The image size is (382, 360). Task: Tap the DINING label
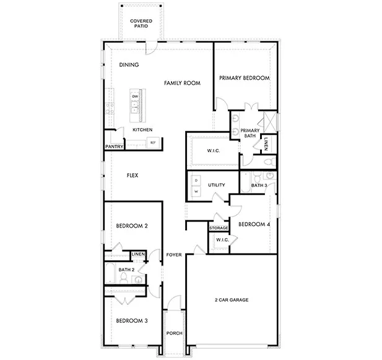coord(129,65)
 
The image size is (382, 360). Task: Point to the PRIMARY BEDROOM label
coord(244,79)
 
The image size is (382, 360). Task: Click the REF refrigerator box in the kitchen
coord(152,143)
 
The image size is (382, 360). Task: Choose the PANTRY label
coord(114,147)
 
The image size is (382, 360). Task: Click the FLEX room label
coord(132,176)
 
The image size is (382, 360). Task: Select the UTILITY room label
coord(215,185)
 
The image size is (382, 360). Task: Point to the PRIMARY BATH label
coord(250,133)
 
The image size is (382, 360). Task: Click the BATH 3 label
coord(259,185)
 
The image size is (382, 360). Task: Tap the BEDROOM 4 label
coord(254,224)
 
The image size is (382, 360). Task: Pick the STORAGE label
coord(219,228)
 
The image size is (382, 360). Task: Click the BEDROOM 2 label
coord(132,226)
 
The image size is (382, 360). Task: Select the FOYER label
coord(173,255)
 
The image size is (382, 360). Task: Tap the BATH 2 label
coord(126,270)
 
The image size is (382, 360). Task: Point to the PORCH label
coord(174,334)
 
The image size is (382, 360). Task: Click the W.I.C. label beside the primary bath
coord(205,151)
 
